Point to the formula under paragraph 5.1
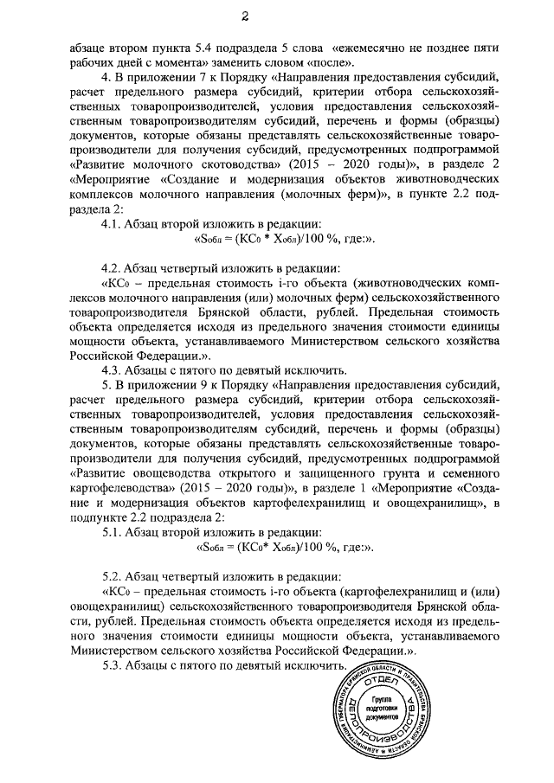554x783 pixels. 274,548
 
